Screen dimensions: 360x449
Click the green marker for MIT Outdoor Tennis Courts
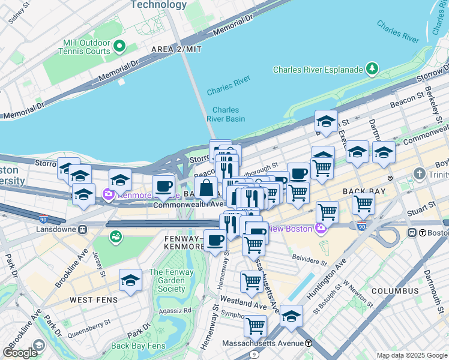[119, 46]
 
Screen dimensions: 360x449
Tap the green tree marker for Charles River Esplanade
[372, 70]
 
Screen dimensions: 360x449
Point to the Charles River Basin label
[225, 114]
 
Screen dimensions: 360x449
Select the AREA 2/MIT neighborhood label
[176, 49]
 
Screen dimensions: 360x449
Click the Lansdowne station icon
[84, 229]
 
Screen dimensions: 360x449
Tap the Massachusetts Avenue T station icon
[309, 343]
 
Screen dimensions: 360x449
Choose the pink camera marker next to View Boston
[321, 228]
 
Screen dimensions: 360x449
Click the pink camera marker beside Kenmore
[109, 194]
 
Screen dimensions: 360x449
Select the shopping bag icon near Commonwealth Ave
[206, 187]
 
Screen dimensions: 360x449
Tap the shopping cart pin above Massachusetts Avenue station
[255, 326]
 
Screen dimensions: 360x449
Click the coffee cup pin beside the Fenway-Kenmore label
[215, 241]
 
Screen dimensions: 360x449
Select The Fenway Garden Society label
[171, 280]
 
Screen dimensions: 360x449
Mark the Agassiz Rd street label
[175, 311]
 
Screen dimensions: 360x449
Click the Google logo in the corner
[20, 353]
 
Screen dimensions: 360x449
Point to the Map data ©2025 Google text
[412, 355]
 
